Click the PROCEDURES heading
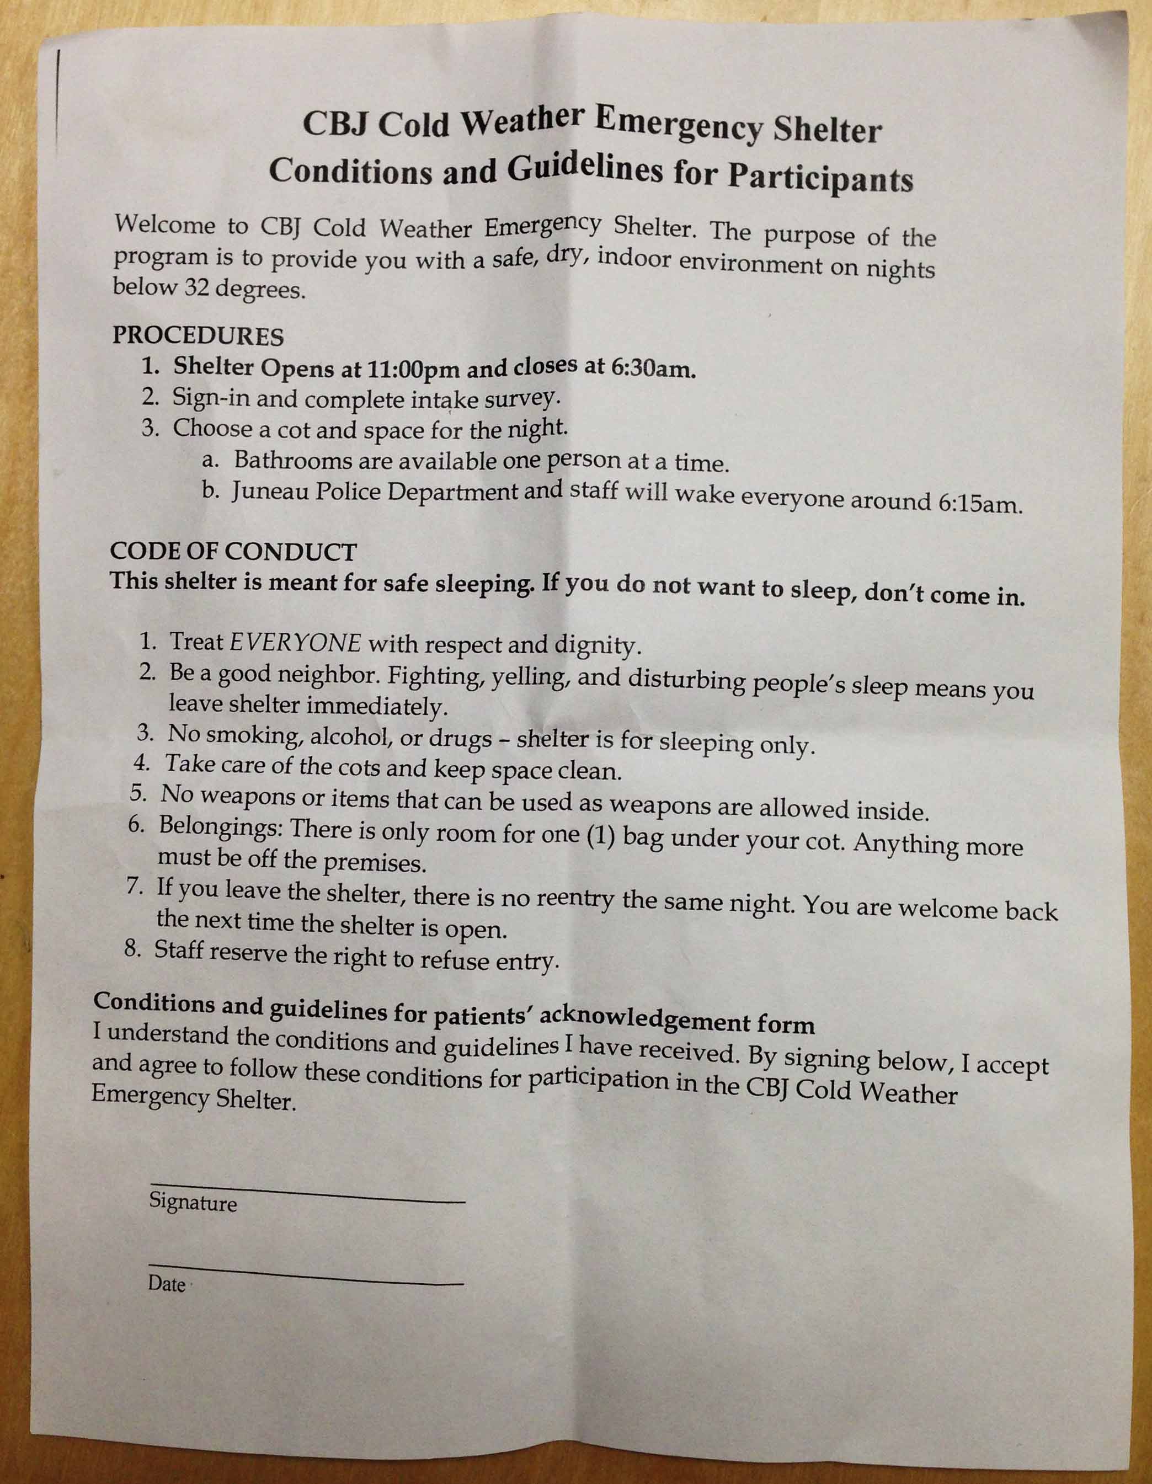point(198,335)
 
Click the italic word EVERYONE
point(296,642)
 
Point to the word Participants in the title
point(820,178)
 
